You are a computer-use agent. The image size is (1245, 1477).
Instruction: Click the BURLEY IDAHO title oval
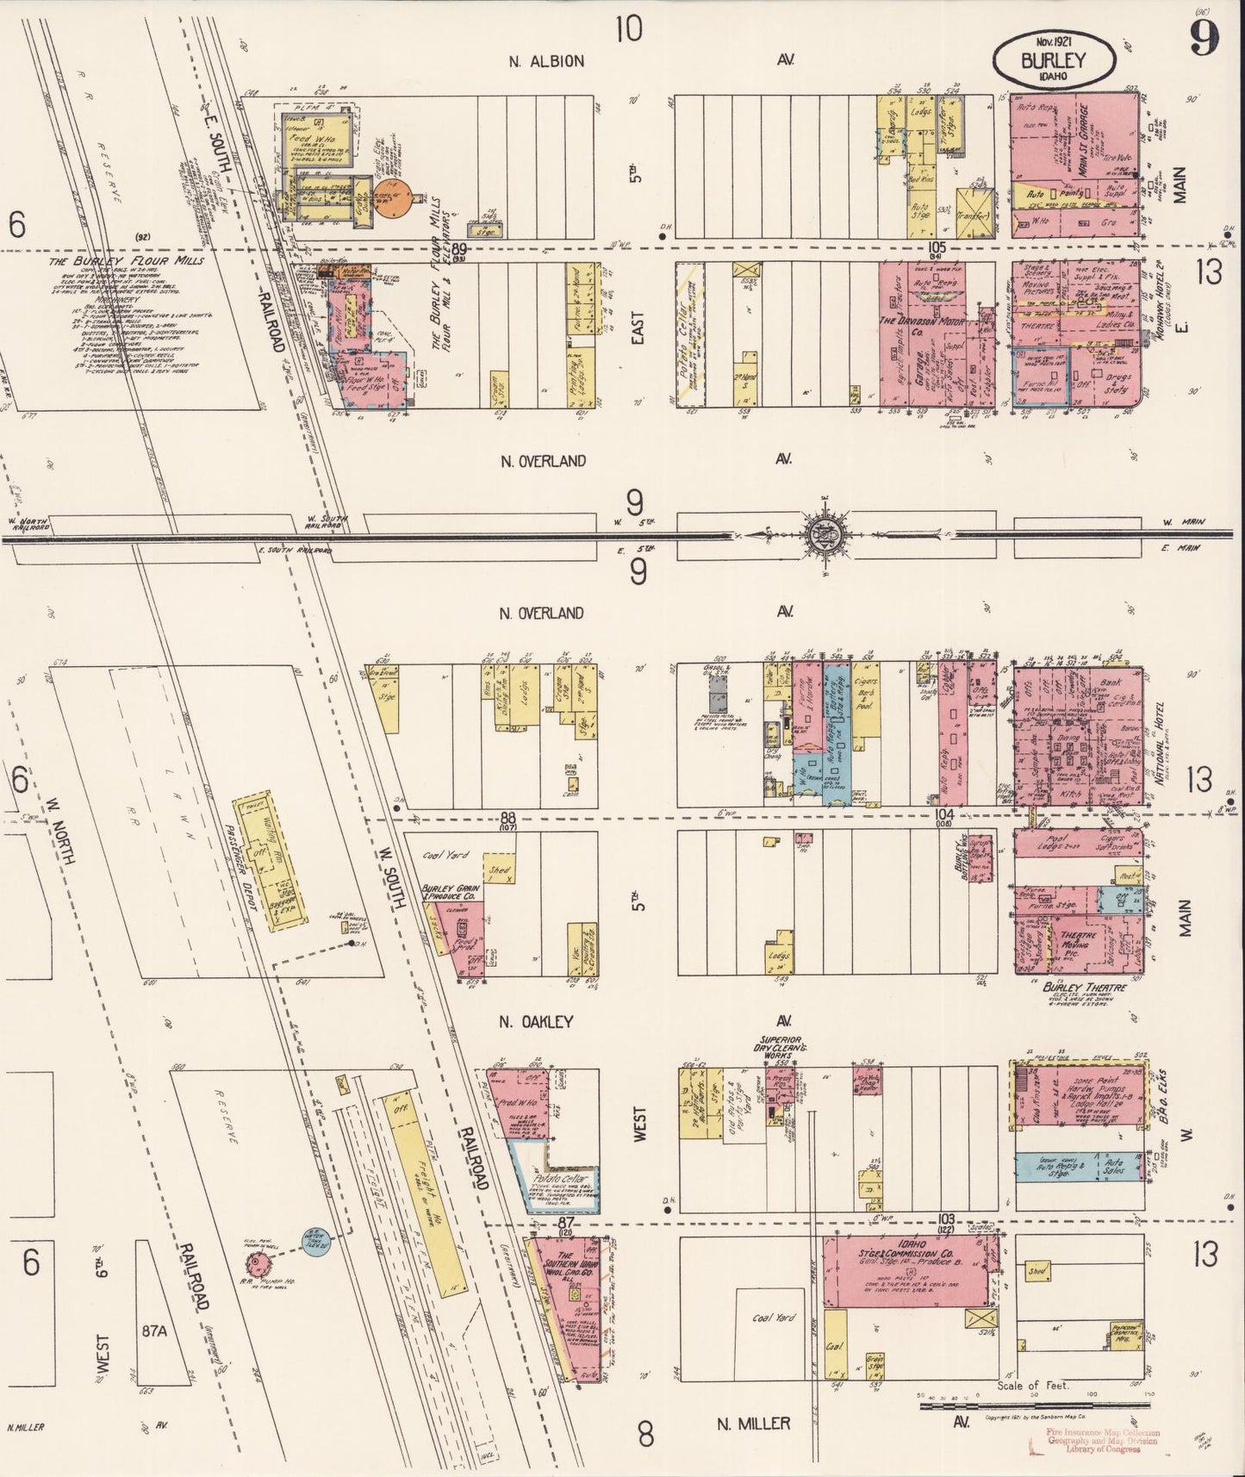(x=1052, y=59)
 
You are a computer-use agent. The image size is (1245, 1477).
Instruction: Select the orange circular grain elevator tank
(x=393, y=201)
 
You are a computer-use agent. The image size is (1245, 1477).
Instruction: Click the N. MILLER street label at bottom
(x=754, y=1423)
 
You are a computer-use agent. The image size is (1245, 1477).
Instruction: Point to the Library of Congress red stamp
(x=1100, y=1440)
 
